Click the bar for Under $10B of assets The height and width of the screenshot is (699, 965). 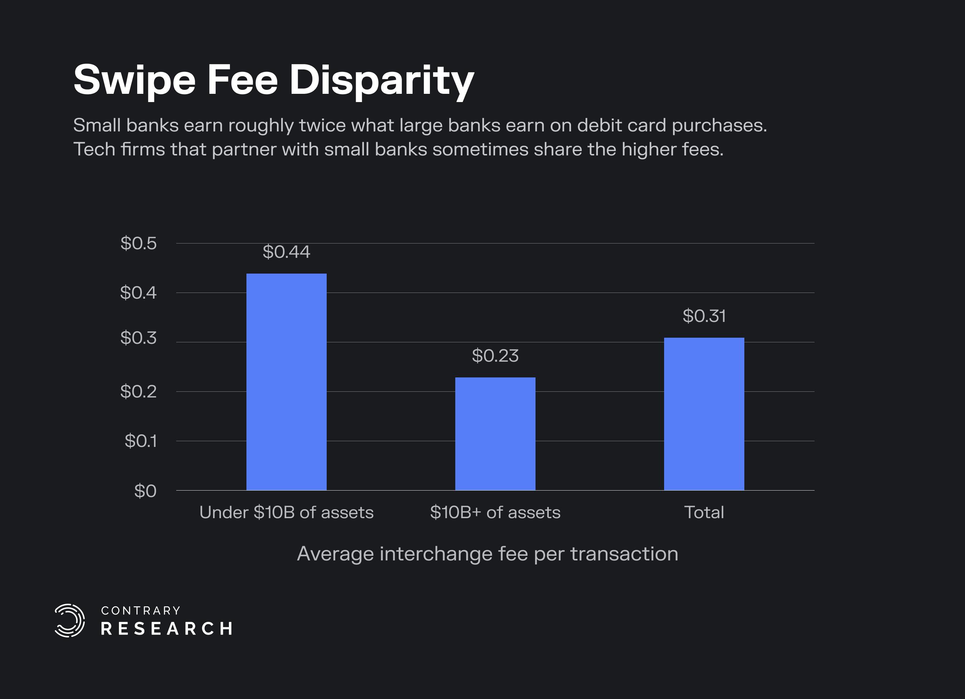click(x=286, y=382)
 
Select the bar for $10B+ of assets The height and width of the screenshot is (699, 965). click(x=495, y=434)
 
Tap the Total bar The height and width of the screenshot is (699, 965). click(x=704, y=414)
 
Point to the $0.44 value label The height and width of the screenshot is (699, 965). click(x=286, y=252)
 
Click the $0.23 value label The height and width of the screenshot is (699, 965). click(x=495, y=356)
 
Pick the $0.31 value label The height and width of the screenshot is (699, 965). click(x=704, y=316)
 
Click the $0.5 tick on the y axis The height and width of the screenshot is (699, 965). click(x=139, y=244)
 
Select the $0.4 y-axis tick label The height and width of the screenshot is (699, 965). click(x=139, y=293)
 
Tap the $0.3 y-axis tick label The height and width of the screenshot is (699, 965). click(x=139, y=338)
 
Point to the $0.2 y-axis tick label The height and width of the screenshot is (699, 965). click(x=139, y=391)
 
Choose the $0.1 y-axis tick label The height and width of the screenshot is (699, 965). click(x=141, y=441)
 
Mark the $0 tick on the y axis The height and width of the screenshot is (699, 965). click(x=145, y=491)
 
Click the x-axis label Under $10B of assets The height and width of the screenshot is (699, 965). click(x=286, y=512)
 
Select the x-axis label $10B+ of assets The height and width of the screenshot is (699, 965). click(x=495, y=512)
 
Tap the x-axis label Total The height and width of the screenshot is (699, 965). click(x=704, y=512)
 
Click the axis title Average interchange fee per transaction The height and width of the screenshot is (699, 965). click(x=488, y=554)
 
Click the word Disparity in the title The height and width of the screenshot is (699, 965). click(x=381, y=81)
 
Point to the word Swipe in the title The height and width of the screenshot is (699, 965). click(x=134, y=81)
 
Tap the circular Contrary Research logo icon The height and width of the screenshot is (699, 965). click(x=70, y=620)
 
